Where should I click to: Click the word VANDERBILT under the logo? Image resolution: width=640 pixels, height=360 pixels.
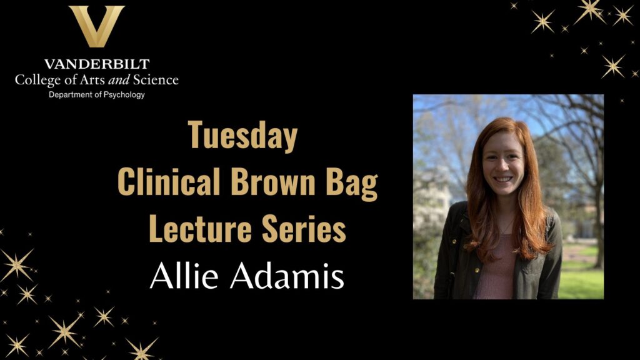pyautogui.click(x=96, y=64)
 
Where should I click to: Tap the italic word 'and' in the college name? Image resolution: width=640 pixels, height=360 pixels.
pyautogui.click(x=119, y=80)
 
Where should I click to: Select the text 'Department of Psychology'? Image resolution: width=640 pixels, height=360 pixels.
pyautogui.click(x=97, y=94)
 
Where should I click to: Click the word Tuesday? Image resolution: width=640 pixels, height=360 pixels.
pyautogui.click(x=243, y=136)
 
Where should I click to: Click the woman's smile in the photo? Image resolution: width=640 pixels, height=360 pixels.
pyautogui.click(x=502, y=179)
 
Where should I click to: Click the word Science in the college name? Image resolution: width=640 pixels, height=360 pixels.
pyautogui.click(x=154, y=80)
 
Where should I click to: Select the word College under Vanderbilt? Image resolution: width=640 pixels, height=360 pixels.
pyautogui.click(x=36, y=80)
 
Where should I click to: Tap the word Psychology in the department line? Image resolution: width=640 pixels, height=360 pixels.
pyautogui.click(x=122, y=94)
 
